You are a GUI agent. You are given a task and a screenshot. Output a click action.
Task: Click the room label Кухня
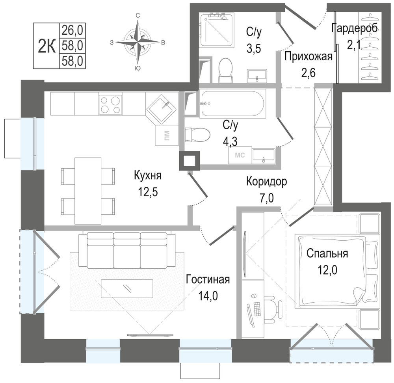[147, 175]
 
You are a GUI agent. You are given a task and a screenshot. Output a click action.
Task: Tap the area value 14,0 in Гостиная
[208, 296]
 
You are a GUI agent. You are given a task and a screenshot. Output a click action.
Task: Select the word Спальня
[327, 254]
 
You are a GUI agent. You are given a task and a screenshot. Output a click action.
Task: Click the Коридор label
[267, 181]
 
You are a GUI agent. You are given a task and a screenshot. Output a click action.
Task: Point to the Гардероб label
[354, 28]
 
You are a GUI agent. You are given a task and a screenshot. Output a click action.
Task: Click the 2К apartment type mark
[46, 46]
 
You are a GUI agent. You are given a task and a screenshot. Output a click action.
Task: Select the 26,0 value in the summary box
[72, 30]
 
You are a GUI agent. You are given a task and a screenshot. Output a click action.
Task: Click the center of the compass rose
[138, 42]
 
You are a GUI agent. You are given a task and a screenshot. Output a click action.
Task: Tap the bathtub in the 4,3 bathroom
[233, 104]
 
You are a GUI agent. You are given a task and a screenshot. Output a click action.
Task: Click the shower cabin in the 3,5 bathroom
[216, 30]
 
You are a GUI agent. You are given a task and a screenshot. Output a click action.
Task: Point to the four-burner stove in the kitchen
[110, 104]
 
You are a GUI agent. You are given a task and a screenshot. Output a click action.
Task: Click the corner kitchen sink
[162, 108]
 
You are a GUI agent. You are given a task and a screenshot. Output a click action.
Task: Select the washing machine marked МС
[240, 155]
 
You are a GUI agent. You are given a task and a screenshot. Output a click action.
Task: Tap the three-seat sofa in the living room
[127, 250]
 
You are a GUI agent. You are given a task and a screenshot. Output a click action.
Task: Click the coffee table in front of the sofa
[127, 289]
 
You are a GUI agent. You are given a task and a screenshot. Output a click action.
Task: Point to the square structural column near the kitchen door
[190, 161]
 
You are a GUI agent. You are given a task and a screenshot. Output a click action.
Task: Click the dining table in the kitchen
[88, 191]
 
